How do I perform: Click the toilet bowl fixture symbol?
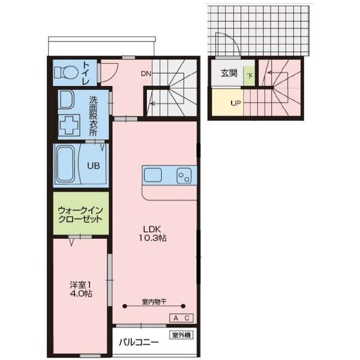point(65,73)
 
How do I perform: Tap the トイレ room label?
point(86,73)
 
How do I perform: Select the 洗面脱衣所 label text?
point(93,116)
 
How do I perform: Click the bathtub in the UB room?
point(66,164)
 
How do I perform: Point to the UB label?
point(94,166)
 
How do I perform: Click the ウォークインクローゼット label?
point(80,214)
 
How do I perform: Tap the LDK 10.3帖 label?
point(152,233)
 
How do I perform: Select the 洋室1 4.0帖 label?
point(81,289)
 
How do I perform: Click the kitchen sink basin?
point(152,175)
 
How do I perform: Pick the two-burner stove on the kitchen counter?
point(184,176)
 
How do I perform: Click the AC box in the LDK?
point(181,318)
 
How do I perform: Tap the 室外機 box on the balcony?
point(181,335)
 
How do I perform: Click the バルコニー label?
point(139,343)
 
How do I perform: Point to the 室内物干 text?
point(154,302)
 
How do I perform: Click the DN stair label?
point(146,74)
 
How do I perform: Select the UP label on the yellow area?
point(236,103)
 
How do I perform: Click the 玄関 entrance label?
point(229,73)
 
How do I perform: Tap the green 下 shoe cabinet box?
point(250,76)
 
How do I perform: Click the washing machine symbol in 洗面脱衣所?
point(70,125)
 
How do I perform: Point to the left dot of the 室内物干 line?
point(125,306)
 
